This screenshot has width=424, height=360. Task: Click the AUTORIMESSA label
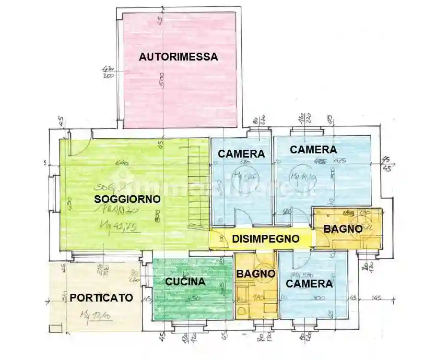click(x=178, y=57)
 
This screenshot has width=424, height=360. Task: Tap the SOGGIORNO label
click(x=127, y=199)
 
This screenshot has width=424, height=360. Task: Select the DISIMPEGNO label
click(x=266, y=239)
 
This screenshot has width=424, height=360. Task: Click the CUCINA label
click(x=185, y=282)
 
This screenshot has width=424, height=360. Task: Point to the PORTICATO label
click(x=101, y=298)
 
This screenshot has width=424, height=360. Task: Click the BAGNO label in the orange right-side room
click(x=343, y=229)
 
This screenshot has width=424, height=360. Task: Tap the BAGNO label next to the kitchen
click(x=256, y=273)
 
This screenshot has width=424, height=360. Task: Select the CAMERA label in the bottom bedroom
click(x=309, y=284)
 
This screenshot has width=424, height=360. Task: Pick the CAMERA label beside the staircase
click(x=241, y=154)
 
